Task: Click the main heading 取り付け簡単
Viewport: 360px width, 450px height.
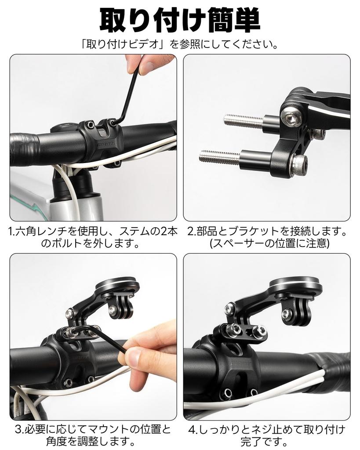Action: [x=180, y=20]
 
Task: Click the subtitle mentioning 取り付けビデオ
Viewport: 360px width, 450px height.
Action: [x=180, y=44]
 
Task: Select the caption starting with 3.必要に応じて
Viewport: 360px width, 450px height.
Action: [x=93, y=435]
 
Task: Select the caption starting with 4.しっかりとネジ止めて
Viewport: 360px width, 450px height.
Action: [x=267, y=435]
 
